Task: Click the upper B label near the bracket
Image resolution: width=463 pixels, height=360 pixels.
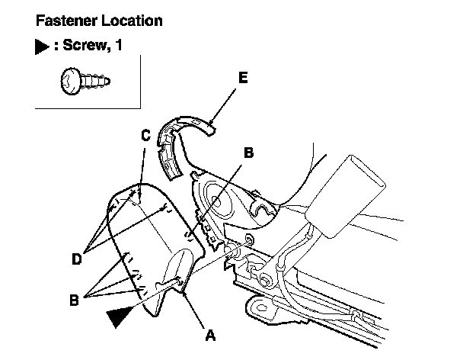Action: click(x=247, y=152)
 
